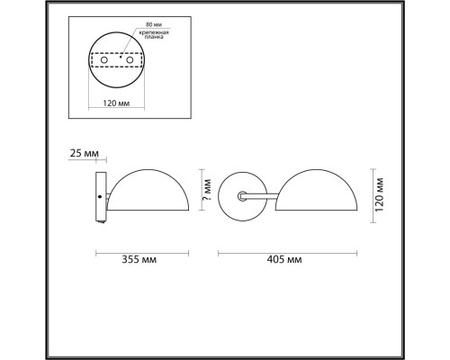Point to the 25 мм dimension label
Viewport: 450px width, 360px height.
(81, 155)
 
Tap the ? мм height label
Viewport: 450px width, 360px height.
(206, 189)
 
